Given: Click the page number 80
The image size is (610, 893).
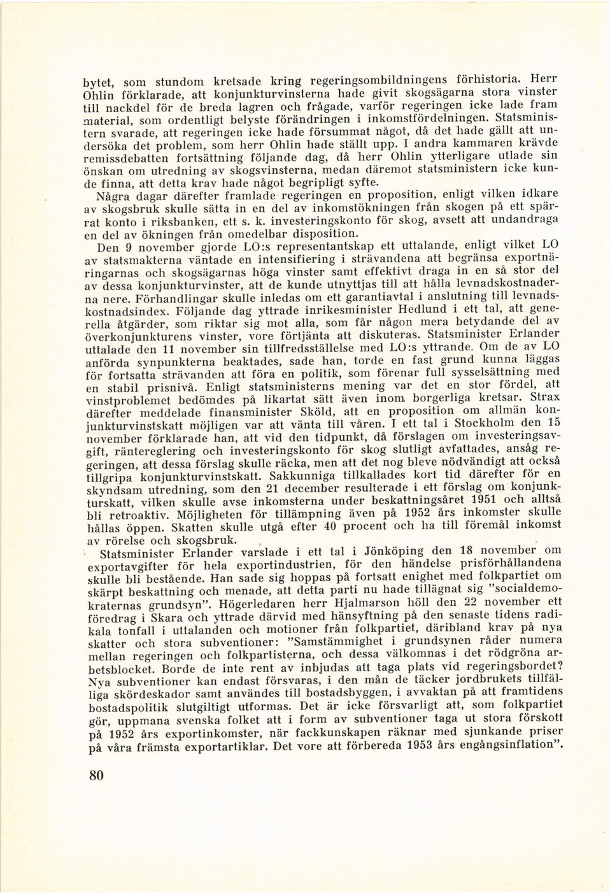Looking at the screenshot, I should (94, 775).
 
